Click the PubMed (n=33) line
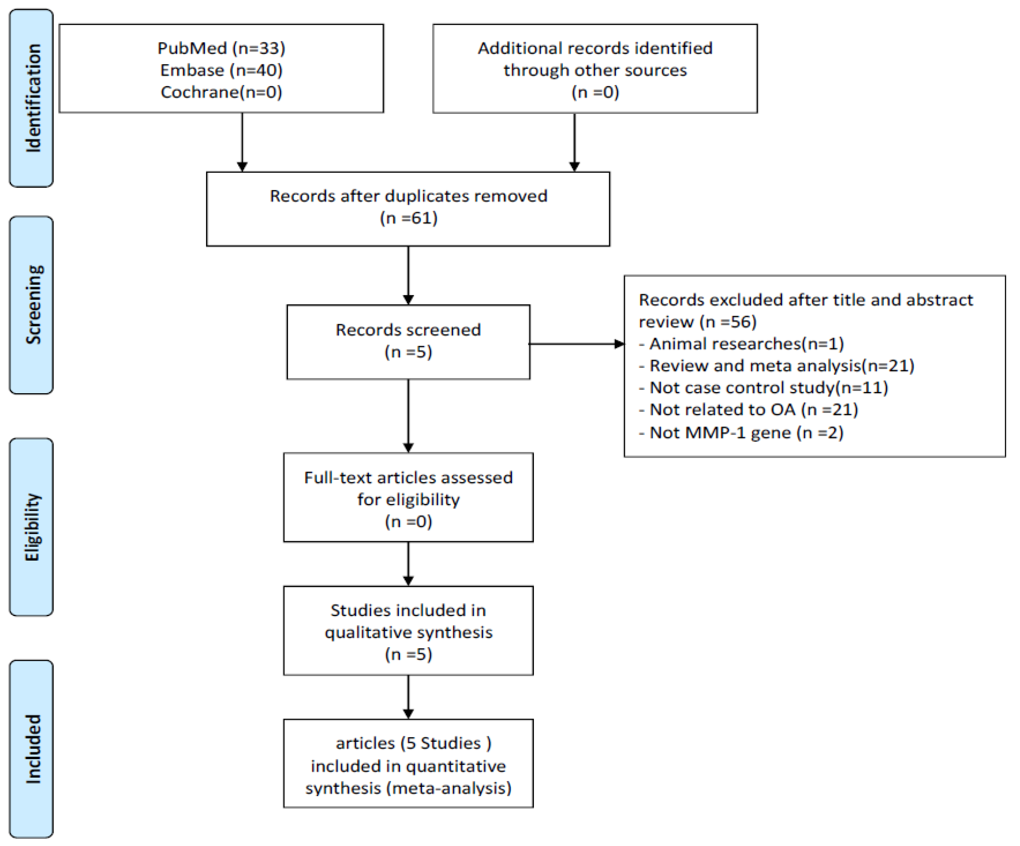(x=221, y=48)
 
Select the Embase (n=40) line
(x=221, y=70)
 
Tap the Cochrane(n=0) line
(x=221, y=92)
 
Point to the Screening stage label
(x=31, y=305)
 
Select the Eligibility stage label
(x=31, y=527)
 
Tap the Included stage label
(x=31, y=748)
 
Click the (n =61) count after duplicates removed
(x=408, y=218)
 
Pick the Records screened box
(x=408, y=341)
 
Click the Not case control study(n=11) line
(x=763, y=387)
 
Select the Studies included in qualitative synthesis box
(x=408, y=630)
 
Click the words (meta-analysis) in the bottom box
(x=449, y=788)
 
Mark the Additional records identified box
(x=595, y=69)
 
